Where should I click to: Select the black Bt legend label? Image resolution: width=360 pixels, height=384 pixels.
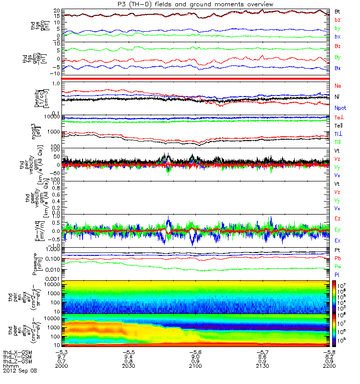point(337,11)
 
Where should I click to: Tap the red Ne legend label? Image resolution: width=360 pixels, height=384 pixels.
point(338,85)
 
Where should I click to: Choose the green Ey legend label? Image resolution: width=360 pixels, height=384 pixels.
point(338,230)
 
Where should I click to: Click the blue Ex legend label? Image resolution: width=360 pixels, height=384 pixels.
point(338,240)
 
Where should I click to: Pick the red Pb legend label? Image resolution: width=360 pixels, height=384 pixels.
point(338,259)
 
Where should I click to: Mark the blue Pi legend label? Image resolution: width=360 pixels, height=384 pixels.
point(337,274)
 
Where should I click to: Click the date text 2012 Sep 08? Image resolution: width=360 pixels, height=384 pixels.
point(19,371)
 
